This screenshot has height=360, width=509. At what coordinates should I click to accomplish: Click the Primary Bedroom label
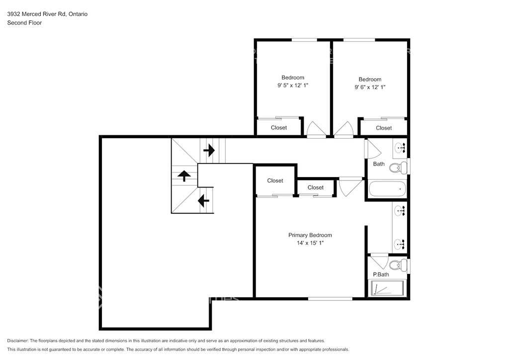pos(310,235)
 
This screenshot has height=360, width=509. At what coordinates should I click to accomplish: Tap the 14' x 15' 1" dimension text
pos(310,243)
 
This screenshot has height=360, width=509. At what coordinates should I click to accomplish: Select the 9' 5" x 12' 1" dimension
pos(292,86)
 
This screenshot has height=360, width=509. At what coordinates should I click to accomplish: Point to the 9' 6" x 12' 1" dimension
pos(370,87)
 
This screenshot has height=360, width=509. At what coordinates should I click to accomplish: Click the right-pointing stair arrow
pos(209,150)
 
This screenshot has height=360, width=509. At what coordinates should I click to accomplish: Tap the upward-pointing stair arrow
pos(184,176)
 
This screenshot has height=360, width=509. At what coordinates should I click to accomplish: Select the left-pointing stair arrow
pos(203,200)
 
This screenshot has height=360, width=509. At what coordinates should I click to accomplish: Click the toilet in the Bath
pos(398,168)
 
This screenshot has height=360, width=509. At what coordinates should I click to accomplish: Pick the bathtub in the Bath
pos(387,188)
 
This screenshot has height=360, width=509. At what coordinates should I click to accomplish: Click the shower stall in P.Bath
pos(387,288)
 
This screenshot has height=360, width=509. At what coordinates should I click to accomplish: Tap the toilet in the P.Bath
pos(398,265)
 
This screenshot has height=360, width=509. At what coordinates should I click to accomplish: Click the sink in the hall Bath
pos(400,148)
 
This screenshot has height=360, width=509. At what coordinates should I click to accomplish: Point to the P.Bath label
pos(381,274)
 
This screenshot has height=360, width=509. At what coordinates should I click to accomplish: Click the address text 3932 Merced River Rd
pos(37,14)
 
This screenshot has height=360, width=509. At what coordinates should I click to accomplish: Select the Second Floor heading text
pos(24,23)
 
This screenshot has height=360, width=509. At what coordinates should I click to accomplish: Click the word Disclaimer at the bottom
pos(17,341)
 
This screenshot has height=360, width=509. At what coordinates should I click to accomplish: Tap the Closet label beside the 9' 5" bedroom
pos(279,128)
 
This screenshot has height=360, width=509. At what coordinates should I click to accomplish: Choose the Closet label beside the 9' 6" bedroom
pos(384,128)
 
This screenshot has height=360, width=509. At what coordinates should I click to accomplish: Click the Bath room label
pos(378,164)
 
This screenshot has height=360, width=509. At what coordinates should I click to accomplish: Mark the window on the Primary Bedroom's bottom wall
pos(330,299)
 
